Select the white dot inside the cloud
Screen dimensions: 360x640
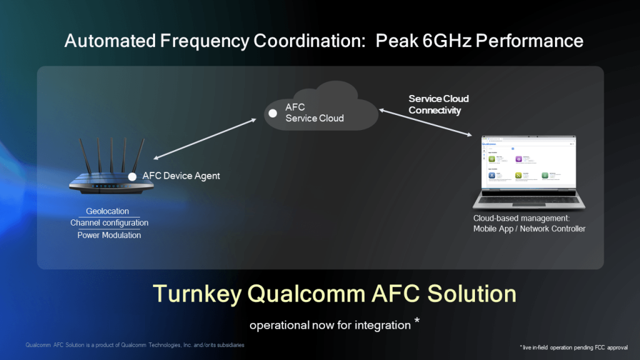tap(272, 113)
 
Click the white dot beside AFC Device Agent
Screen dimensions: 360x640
tap(132, 177)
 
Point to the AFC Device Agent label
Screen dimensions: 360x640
tap(181, 176)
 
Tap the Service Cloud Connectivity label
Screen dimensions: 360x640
tap(438, 104)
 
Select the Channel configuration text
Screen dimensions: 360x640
tap(109, 223)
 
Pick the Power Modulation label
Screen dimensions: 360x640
tap(109, 236)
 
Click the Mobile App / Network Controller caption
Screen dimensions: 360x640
tap(529, 229)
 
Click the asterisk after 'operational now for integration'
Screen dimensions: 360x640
tap(416, 322)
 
